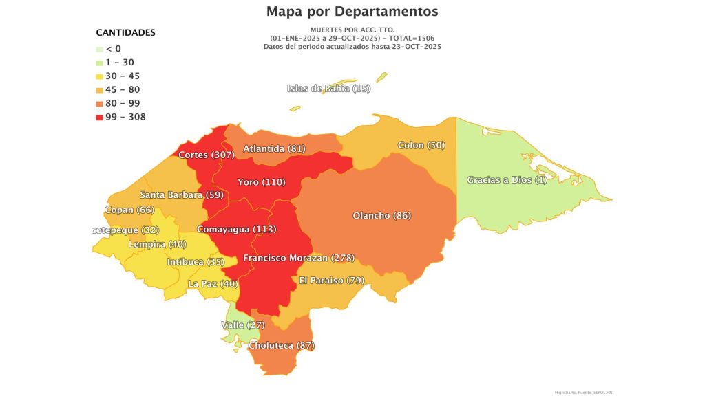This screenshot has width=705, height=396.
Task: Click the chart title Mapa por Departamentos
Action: (x=352, y=12)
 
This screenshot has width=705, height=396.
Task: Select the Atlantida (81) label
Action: (x=274, y=148)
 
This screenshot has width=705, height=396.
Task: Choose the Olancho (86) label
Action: (x=381, y=216)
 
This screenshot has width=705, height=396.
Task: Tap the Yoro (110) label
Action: (x=261, y=182)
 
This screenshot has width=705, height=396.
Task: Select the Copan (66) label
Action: (x=129, y=210)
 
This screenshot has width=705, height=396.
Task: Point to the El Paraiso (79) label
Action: (x=331, y=280)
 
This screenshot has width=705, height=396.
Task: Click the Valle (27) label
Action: (x=242, y=324)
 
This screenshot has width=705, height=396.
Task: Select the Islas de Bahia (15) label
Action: (x=328, y=89)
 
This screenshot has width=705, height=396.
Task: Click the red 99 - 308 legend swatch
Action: (x=100, y=117)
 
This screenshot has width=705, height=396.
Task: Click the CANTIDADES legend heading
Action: (x=125, y=33)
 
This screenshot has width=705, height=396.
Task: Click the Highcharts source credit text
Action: (x=582, y=392)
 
